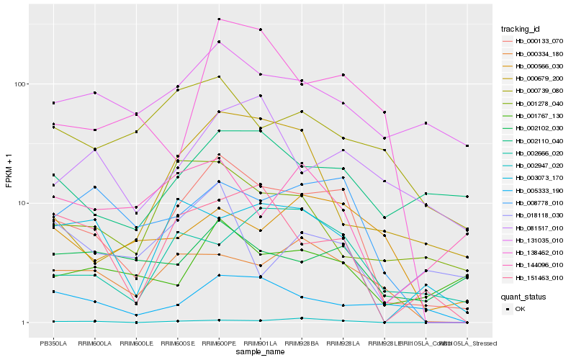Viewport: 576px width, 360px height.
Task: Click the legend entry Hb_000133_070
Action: (x=534, y=41)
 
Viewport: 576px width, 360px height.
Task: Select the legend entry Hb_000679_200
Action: (x=534, y=78)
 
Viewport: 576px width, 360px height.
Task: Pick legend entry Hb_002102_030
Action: (x=534, y=127)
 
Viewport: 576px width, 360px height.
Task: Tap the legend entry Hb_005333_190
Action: (x=534, y=189)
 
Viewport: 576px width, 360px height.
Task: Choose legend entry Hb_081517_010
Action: (x=534, y=227)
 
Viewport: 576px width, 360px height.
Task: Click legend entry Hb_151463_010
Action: (x=534, y=276)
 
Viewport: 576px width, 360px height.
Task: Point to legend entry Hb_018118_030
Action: (x=534, y=215)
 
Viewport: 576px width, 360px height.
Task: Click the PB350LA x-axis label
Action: (x=54, y=343)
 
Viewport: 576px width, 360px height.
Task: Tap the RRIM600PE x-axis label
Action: (x=219, y=343)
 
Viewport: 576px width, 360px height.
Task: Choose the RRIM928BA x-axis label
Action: (x=302, y=343)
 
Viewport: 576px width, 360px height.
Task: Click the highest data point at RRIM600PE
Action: (x=219, y=19)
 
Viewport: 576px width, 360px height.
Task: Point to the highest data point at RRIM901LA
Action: (x=260, y=30)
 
